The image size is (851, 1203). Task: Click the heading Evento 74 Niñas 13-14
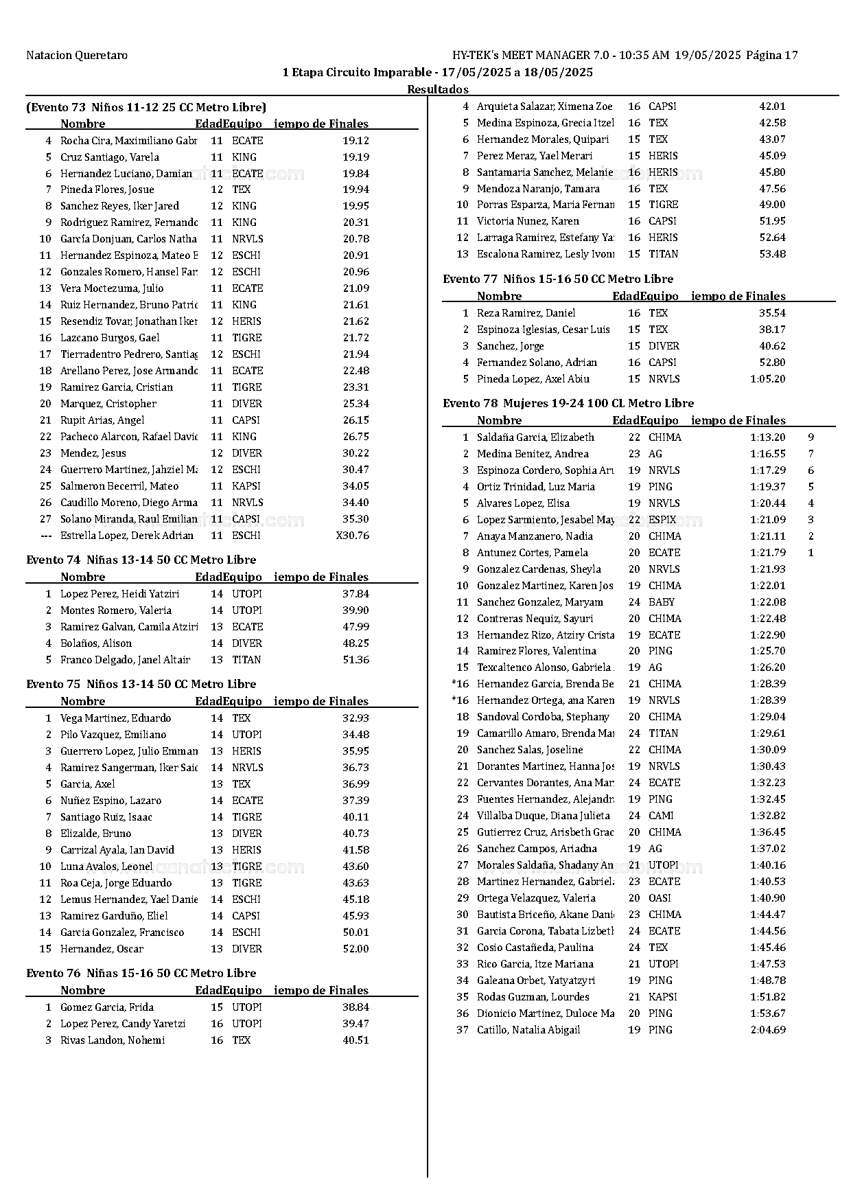pyautogui.click(x=141, y=560)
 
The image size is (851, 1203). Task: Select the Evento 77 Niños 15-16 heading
pyautogui.click(x=557, y=279)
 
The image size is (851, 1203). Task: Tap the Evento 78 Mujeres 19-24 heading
pyautogui.click(x=568, y=403)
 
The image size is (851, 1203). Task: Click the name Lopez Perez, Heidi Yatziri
pyautogui.click(x=119, y=594)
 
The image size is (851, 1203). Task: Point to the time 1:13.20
pyautogui.click(x=767, y=437)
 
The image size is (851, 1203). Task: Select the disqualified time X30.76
pyautogui.click(x=352, y=536)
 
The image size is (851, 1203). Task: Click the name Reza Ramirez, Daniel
pyautogui.click(x=526, y=313)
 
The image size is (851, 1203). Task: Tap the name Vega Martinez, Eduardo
pyautogui.click(x=115, y=718)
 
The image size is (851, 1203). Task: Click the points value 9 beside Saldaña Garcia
pyautogui.click(x=811, y=437)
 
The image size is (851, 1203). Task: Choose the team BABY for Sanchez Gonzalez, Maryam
pyautogui.click(x=661, y=602)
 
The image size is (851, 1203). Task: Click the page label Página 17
pyautogui.click(x=771, y=56)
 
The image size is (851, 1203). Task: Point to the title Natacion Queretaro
pyautogui.click(x=77, y=56)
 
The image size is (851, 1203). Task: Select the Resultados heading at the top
pyautogui.click(x=437, y=89)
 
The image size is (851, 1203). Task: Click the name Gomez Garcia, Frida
pyautogui.click(x=106, y=1007)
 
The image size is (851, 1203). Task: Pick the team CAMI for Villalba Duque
pyautogui.click(x=660, y=816)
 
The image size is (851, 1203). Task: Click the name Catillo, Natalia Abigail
pyautogui.click(x=528, y=1030)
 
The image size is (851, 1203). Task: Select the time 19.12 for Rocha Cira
pyautogui.click(x=355, y=141)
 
